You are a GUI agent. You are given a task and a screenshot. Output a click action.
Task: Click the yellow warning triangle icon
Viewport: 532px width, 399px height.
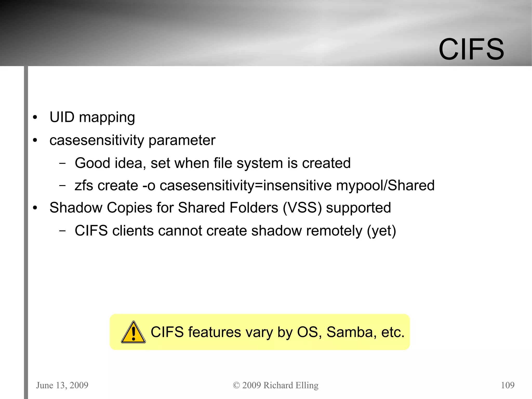[133, 332]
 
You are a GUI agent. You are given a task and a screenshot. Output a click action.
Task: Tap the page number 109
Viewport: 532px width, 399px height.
[508, 385]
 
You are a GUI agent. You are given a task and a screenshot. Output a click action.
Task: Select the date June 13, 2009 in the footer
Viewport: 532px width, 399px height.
[62, 385]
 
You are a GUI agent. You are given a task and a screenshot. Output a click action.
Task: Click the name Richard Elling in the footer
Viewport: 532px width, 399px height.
[291, 385]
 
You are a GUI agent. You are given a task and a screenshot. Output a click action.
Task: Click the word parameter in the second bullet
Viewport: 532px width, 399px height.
[182, 141]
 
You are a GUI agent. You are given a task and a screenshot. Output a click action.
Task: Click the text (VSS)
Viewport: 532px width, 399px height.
[302, 208]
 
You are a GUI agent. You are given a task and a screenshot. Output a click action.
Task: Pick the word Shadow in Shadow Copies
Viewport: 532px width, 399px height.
[76, 208]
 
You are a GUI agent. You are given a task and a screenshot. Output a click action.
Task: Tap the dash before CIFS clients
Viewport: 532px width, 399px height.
[62, 231]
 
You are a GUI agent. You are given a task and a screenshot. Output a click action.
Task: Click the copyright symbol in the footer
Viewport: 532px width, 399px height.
[236, 385]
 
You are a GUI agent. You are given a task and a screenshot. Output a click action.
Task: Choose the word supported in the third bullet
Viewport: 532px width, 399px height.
[358, 208]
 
